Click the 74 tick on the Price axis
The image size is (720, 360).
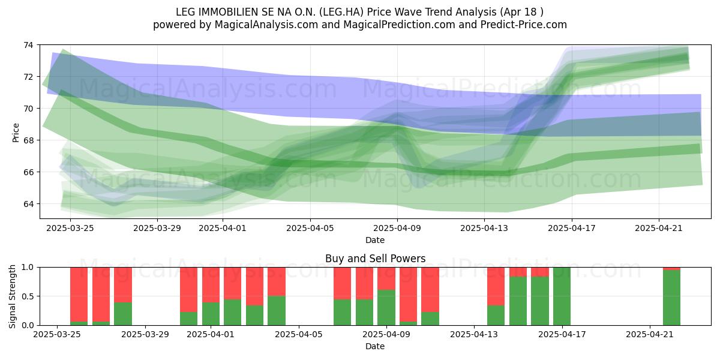[28, 45]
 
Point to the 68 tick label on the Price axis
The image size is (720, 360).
[28, 140]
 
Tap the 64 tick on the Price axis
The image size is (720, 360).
[28, 204]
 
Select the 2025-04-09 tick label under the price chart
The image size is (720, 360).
[397, 228]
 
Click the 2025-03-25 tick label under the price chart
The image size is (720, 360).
[70, 228]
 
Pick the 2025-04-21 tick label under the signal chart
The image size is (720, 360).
[650, 335]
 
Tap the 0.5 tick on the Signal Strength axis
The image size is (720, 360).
[28, 296]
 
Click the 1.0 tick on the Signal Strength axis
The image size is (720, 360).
[28, 267]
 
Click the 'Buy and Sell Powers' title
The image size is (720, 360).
[375, 259]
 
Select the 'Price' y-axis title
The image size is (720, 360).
[16, 133]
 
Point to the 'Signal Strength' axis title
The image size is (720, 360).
[12, 296]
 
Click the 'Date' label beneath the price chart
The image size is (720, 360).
[375, 240]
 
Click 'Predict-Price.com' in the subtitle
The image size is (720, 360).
[524, 25]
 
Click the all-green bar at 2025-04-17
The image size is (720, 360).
[562, 296]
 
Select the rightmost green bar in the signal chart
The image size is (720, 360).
[672, 298]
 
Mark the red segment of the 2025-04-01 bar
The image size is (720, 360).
[211, 285]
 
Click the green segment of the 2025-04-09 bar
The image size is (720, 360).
[386, 308]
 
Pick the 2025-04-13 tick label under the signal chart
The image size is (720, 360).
[474, 335]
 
